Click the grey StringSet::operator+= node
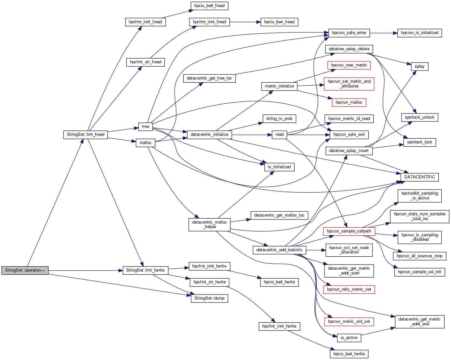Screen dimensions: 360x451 [x=25, y=270]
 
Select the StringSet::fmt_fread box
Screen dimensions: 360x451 [x=85, y=135]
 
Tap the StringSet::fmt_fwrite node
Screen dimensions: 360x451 [x=145, y=270]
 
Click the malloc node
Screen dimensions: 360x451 [x=145, y=143]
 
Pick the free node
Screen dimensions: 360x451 [x=145, y=127]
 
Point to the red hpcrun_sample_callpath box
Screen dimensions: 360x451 [x=349, y=231]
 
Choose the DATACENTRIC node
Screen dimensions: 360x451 [x=419, y=177]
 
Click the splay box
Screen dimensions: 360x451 [x=419, y=66]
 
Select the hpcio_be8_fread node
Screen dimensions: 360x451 [x=209, y=6]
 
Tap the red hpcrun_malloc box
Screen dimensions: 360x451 [x=349, y=102]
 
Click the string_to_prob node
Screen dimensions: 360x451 [x=279, y=119]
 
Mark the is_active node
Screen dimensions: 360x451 [x=349, y=338]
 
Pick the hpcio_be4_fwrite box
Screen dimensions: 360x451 [x=349, y=354]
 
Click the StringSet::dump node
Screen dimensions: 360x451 [x=209, y=298]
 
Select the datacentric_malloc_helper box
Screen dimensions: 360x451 [x=209, y=225]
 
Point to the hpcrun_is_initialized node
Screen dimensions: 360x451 [x=419, y=33]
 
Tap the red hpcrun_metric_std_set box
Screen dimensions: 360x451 [x=349, y=322]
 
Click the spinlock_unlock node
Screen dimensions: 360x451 [x=419, y=117]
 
